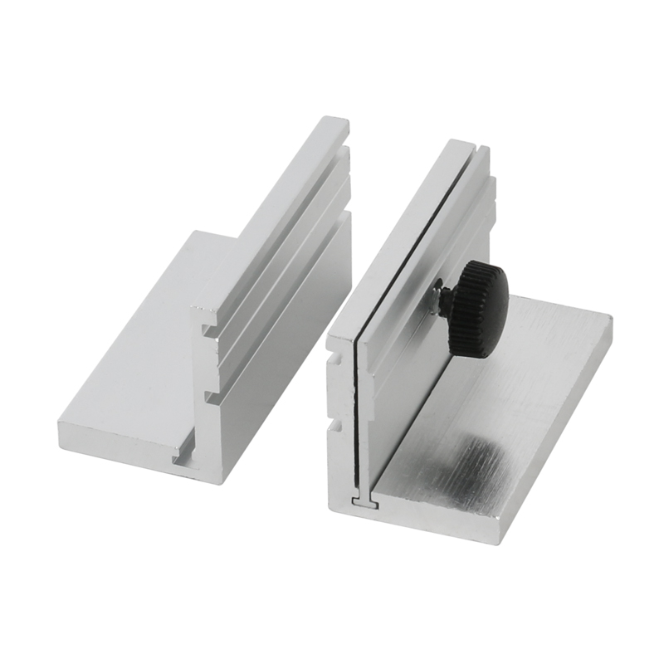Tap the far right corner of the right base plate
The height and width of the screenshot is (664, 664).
point(612,318)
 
